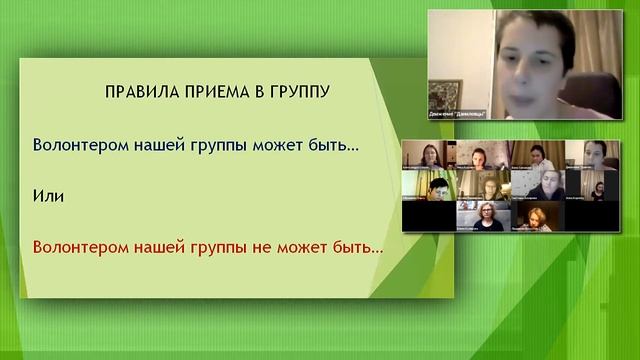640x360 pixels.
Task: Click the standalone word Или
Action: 48,196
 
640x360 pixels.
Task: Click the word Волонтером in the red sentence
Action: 74,246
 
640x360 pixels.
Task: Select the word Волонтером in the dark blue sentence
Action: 74,144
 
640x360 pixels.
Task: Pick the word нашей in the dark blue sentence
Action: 145,144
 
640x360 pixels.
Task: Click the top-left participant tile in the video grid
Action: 429,155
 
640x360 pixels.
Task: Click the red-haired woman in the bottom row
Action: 538,216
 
